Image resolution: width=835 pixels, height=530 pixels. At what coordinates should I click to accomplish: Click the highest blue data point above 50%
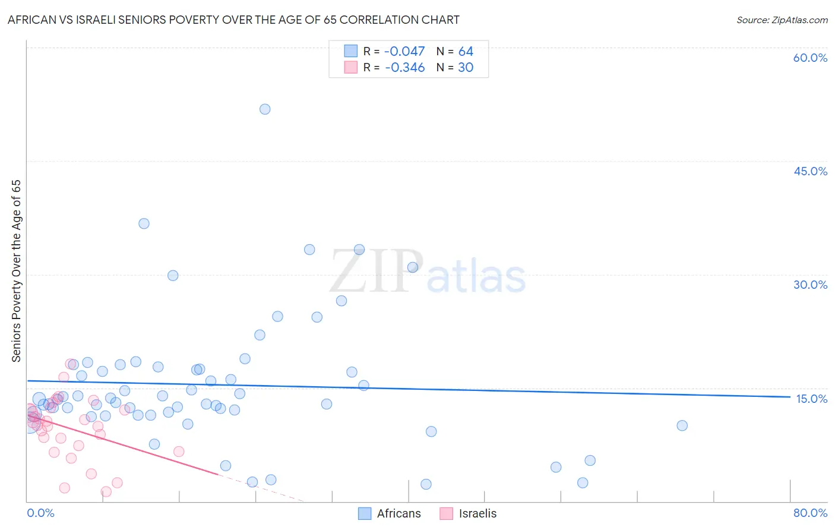click(265, 109)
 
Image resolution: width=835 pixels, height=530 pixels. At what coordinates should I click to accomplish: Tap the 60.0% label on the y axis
click(810, 58)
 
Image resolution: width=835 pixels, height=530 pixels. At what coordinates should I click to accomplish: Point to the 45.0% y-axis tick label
click(810, 171)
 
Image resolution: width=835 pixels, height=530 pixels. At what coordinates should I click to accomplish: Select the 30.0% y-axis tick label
click(810, 285)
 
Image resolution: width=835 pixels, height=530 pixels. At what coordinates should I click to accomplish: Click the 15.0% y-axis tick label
click(811, 399)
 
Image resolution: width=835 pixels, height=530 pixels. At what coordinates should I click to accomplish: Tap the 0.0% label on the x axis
click(40, 513)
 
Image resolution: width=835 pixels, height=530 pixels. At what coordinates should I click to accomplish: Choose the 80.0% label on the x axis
click(810, 513)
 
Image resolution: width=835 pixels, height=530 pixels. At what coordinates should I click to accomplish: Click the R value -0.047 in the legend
click(404, 52)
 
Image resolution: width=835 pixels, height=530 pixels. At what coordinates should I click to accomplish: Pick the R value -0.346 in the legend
click(404, 68)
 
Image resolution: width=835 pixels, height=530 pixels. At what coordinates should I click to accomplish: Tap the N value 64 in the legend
click(466, 52)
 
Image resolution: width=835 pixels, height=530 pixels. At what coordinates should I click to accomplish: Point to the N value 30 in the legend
click(466, 68)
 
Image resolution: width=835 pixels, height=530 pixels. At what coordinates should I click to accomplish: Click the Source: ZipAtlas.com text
click(782, 20)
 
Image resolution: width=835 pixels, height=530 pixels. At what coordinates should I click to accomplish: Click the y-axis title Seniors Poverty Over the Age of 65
click(17, 271)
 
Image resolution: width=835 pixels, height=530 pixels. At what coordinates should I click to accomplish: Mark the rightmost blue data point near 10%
click(682, 425)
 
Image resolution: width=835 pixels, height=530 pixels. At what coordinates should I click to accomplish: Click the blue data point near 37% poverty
click(144, 223)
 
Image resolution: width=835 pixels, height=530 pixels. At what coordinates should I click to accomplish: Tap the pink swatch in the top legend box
click(351, 67)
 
